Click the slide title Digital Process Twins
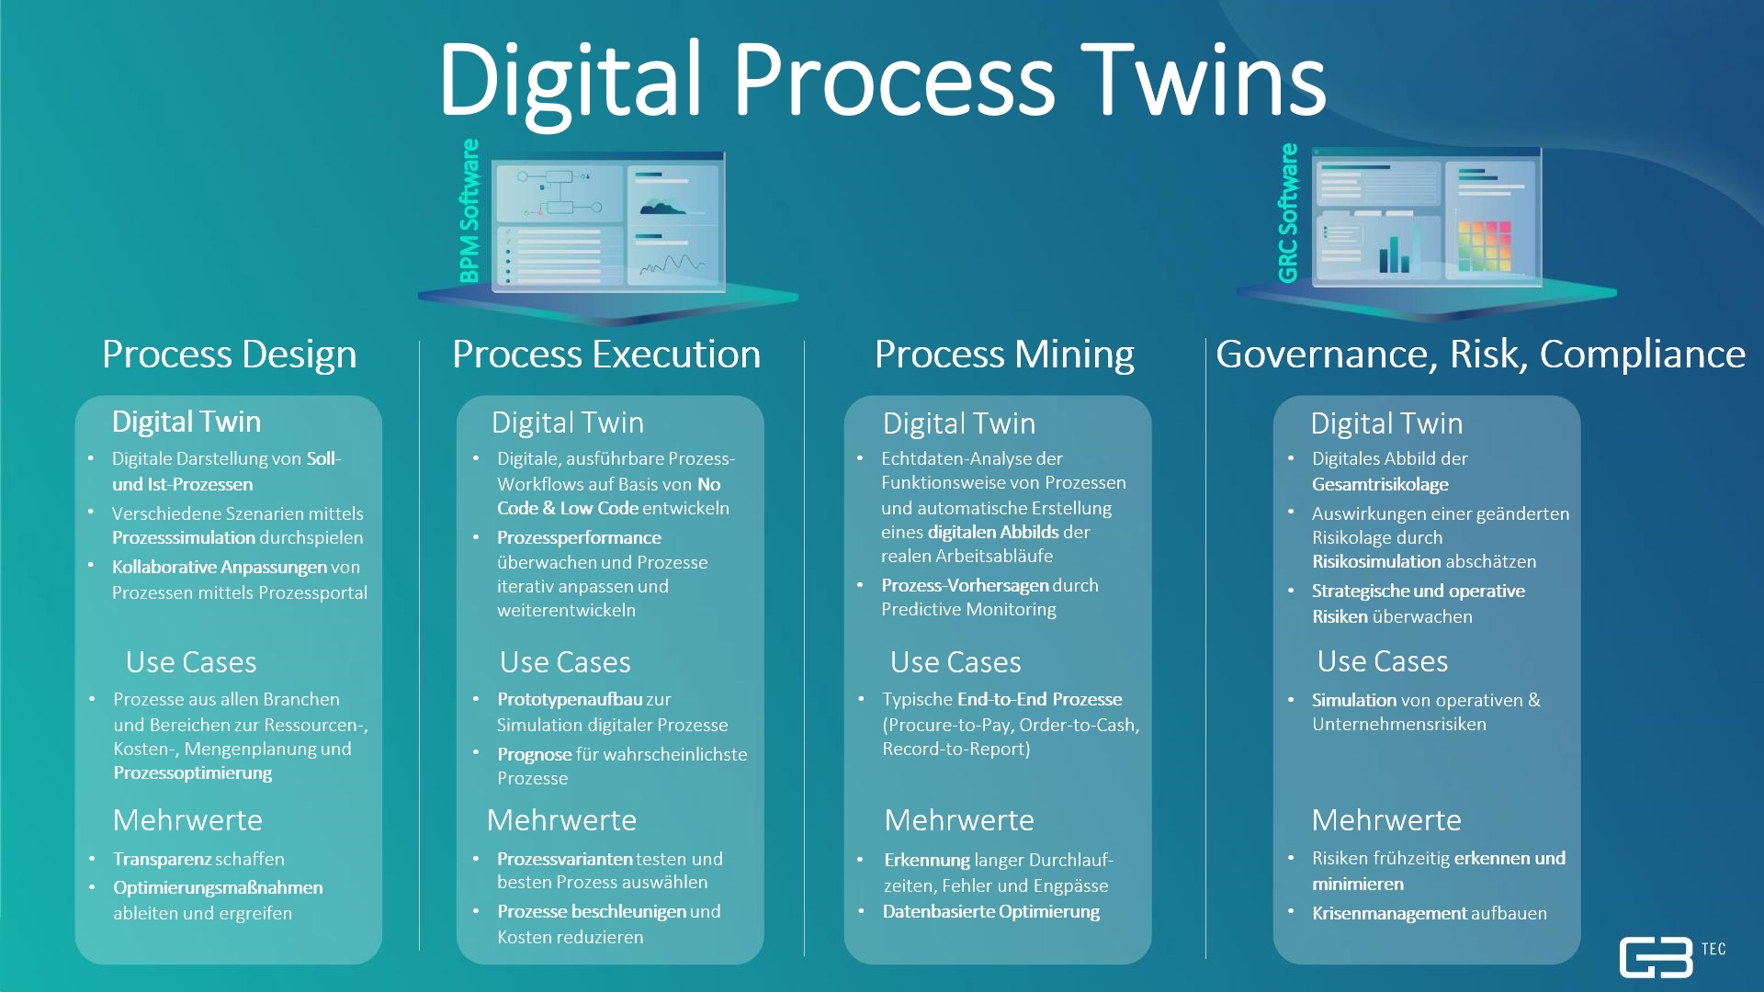tap(882, 81)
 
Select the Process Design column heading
tap(229, 355)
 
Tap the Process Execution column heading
tap(606, 355)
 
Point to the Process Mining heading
tap(1004, 355)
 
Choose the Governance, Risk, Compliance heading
tap(1480, 355)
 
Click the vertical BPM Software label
tap(469, 211)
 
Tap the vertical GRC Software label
tap(1288, 213)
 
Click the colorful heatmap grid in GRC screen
tap(1484, 246)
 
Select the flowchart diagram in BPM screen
tap(559, 191)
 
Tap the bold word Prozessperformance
tap(579, 537)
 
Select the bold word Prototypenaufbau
tap(570, 699)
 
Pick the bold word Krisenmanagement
tap(1389, 913)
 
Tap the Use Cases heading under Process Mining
tap(955, 662)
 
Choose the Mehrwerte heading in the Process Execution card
tap(561, 820)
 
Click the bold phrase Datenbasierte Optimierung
tap(991, 911)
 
